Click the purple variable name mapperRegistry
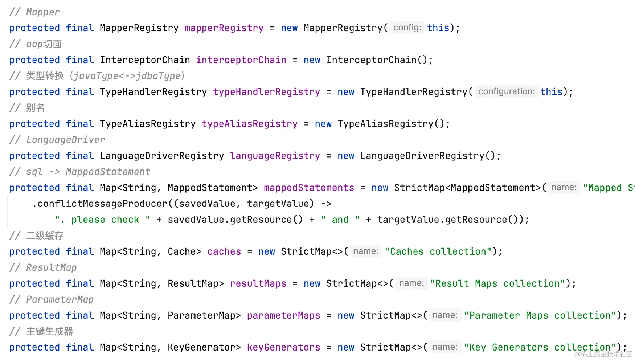click(224, 28)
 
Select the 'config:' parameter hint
click(407, 28)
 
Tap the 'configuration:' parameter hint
click(506, 92)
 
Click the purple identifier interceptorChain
click(241, 60)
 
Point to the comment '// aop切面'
click(36, 44)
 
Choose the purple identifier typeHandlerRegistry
click(266, 92)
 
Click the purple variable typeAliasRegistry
click(249, 124)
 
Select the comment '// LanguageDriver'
click(57, 140)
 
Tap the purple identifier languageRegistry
click(275, 156)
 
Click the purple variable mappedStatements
click(309, 188)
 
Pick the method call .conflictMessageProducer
click(100, 204)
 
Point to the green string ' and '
click(340, 220)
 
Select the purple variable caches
click(224, 252)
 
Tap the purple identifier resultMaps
click(258, 284)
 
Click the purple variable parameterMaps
click(283, 316)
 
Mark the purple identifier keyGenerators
click(283, 348)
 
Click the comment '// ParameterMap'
click(52, 300)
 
